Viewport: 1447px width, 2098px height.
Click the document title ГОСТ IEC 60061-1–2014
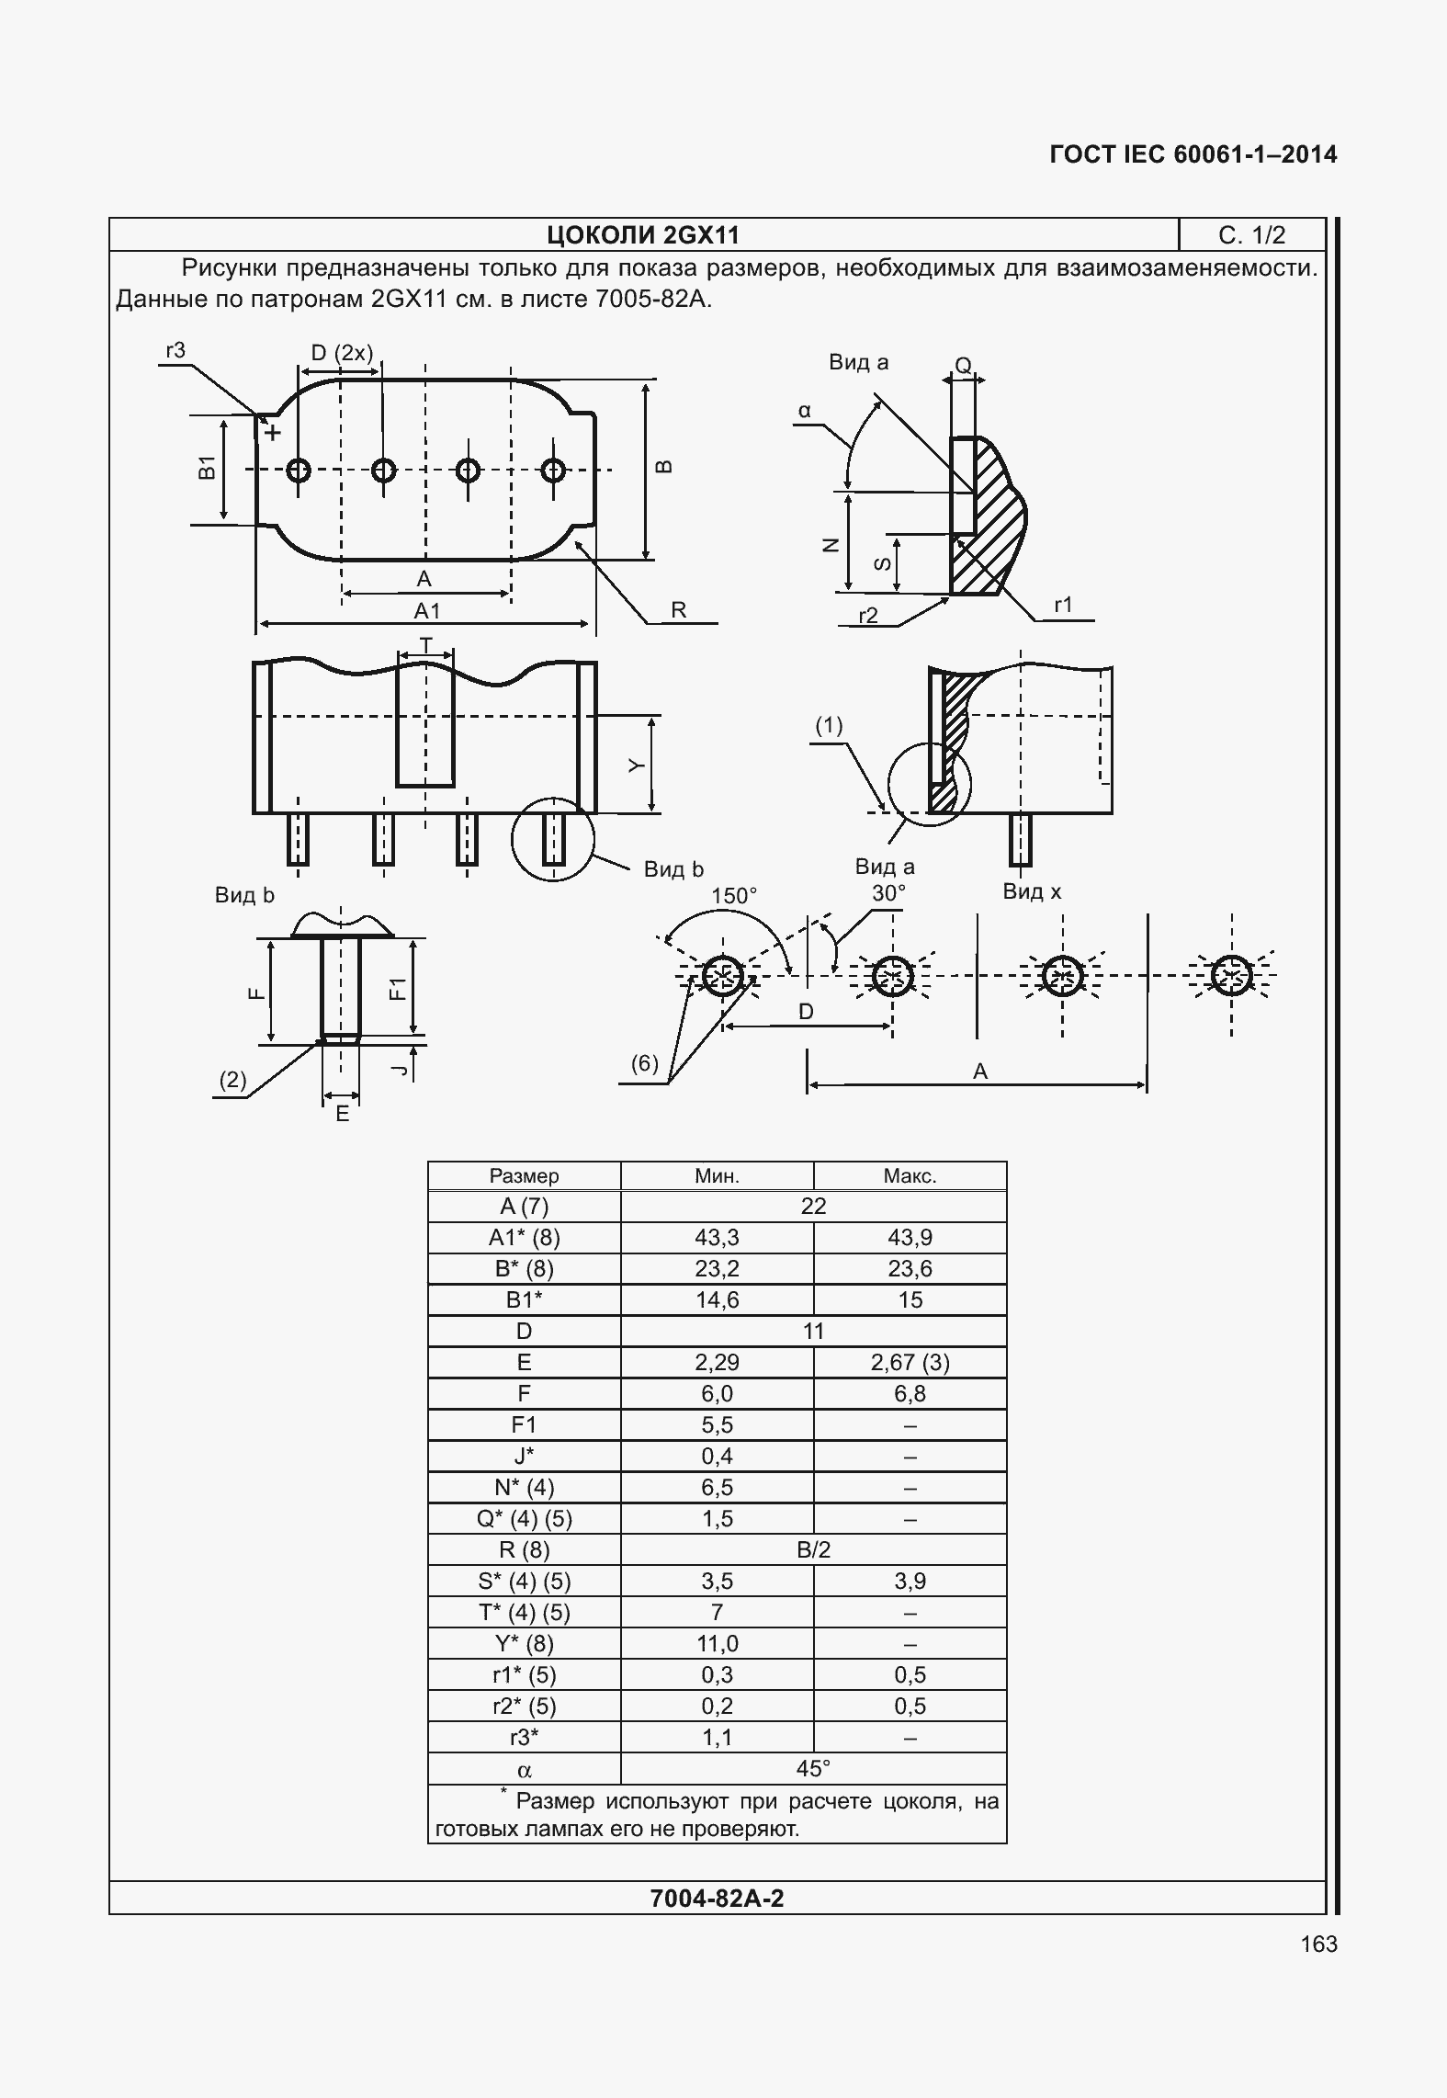[1193, 154]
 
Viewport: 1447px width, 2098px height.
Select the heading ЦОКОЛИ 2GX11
[643, 236]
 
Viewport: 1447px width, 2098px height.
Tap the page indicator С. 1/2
[1251, 236]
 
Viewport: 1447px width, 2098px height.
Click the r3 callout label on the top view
[175, 350]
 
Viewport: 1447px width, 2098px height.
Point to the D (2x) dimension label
[342, 353]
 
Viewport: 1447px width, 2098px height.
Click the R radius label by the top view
[679, 610]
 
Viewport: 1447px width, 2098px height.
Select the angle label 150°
[734, 895]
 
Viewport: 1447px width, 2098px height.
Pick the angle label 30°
[888, 892]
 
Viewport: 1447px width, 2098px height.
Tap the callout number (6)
[644, 1063]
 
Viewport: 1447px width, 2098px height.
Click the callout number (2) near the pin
[232, 1080]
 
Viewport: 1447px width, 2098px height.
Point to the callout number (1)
[829, 726]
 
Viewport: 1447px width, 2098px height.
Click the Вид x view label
[1032, 891]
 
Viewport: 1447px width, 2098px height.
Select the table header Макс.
[910, 1176]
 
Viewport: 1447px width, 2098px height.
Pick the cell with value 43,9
[910, 1238]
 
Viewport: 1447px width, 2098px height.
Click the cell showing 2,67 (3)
[910, 1363]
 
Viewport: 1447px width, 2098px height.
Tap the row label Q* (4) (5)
[524, 1519]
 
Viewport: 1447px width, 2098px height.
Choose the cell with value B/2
[813, 1550]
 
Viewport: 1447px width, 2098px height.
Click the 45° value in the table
[813, 1768]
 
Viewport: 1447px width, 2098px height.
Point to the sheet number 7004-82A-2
[717, 1900]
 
